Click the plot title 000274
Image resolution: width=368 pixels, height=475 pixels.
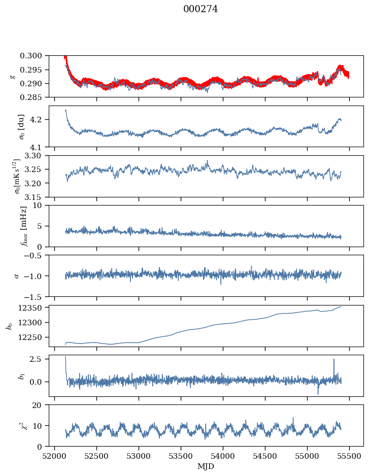point(200,9)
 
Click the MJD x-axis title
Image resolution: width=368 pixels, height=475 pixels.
point(206,466)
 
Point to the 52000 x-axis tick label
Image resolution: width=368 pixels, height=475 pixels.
point(55,456)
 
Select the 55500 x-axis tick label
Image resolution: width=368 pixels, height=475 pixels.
point(349,456)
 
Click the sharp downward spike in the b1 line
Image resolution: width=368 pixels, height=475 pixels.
point(318,394)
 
